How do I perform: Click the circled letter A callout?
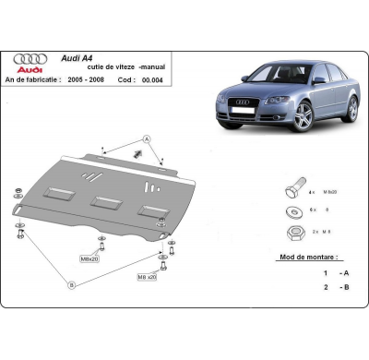(147, 138)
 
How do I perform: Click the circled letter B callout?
(72, 286)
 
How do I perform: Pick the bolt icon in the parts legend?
(288, 190)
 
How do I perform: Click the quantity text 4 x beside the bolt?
(312, 192)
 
